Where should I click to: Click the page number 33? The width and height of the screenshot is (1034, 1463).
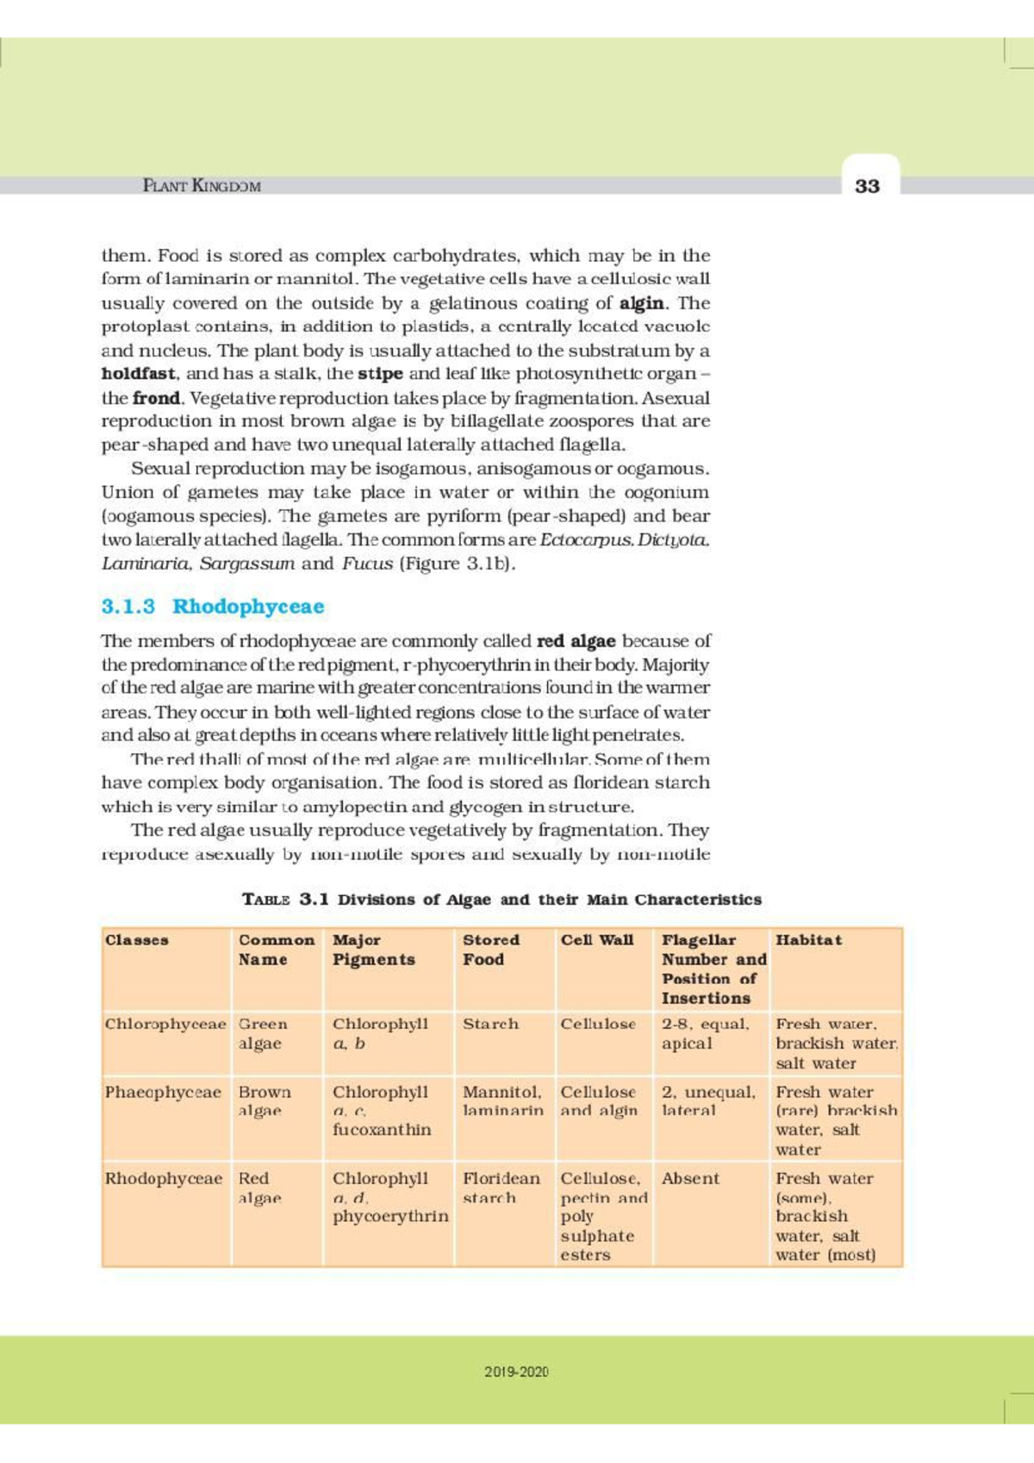[867, 185]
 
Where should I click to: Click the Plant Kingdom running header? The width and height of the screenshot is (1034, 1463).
[202, 185]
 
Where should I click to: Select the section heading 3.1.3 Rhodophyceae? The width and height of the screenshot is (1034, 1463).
[213, 606]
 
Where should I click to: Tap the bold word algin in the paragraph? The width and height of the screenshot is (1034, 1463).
[642, 303]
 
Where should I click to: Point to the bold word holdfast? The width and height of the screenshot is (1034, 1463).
[139, 374]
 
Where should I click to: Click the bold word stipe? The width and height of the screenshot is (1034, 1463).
[380, 374]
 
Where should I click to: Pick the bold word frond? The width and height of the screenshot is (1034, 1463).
[156, 398]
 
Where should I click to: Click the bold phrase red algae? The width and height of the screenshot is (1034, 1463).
[576, 641]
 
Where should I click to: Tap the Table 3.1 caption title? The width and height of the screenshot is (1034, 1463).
[502, 899]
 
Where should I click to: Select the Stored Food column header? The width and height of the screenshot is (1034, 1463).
[491, 949]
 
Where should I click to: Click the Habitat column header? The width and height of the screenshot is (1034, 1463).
[808, 940]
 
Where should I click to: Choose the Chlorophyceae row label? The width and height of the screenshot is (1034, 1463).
[165, 1024]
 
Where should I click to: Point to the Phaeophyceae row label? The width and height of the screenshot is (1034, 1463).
[163, 1092]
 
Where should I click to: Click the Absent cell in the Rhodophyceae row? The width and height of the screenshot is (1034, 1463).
[690, 1178]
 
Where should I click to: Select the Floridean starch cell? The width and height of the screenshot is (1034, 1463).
[501, 1187]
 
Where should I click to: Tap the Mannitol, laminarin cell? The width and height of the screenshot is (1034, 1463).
[502, 1101]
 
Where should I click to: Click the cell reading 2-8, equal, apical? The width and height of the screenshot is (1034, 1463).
[705, 1033]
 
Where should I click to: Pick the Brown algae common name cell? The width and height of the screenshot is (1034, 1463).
[265, 1101]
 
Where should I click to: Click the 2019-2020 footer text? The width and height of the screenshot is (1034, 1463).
[516, 1371]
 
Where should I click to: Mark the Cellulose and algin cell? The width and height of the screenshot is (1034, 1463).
[599, 1101]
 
